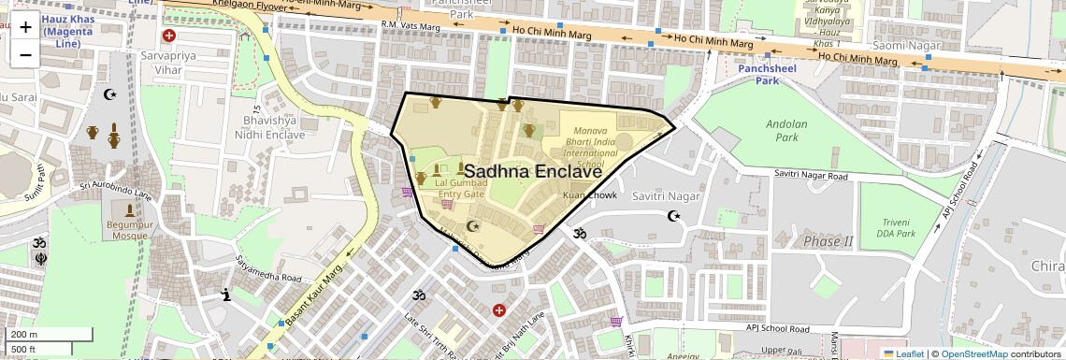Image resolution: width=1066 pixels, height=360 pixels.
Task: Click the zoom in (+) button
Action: tap(25, 27)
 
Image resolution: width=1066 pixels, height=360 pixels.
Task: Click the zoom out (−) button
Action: tap(25, 53)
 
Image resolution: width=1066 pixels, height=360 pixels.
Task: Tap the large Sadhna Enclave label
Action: tap(532, 171)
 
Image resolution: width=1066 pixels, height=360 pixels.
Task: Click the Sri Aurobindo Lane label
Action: tap(115, 191)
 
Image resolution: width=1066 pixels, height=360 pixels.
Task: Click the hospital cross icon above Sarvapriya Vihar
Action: tap(169, 36)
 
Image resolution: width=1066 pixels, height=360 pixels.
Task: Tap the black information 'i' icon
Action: tap(225, 295)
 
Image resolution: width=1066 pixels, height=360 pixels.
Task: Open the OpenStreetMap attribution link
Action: tap(973, 353)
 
